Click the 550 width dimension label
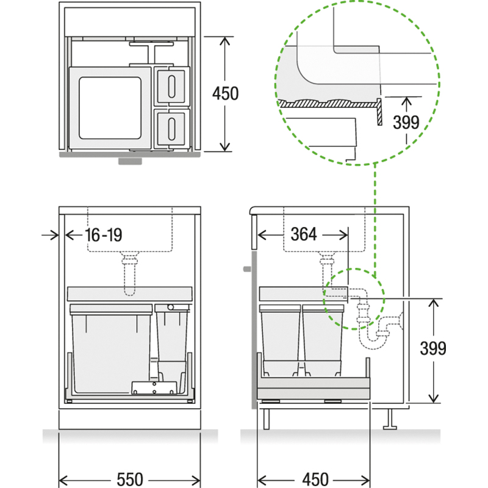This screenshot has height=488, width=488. (x=130, y=479)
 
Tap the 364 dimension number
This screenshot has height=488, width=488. (x=303, y=234)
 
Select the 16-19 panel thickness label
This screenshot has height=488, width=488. (x=103, y=235)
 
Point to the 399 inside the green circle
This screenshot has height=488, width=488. (x=406, y=123)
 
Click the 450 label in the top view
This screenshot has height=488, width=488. (x=225, y=93)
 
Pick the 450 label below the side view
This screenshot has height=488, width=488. (x=315, y=479)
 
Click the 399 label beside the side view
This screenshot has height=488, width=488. (x=433, y=348)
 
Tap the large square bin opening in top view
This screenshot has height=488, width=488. (x=110, y=108)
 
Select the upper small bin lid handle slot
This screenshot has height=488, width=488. (x=171, y=86)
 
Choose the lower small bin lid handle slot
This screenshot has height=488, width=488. (x=171, y=129)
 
